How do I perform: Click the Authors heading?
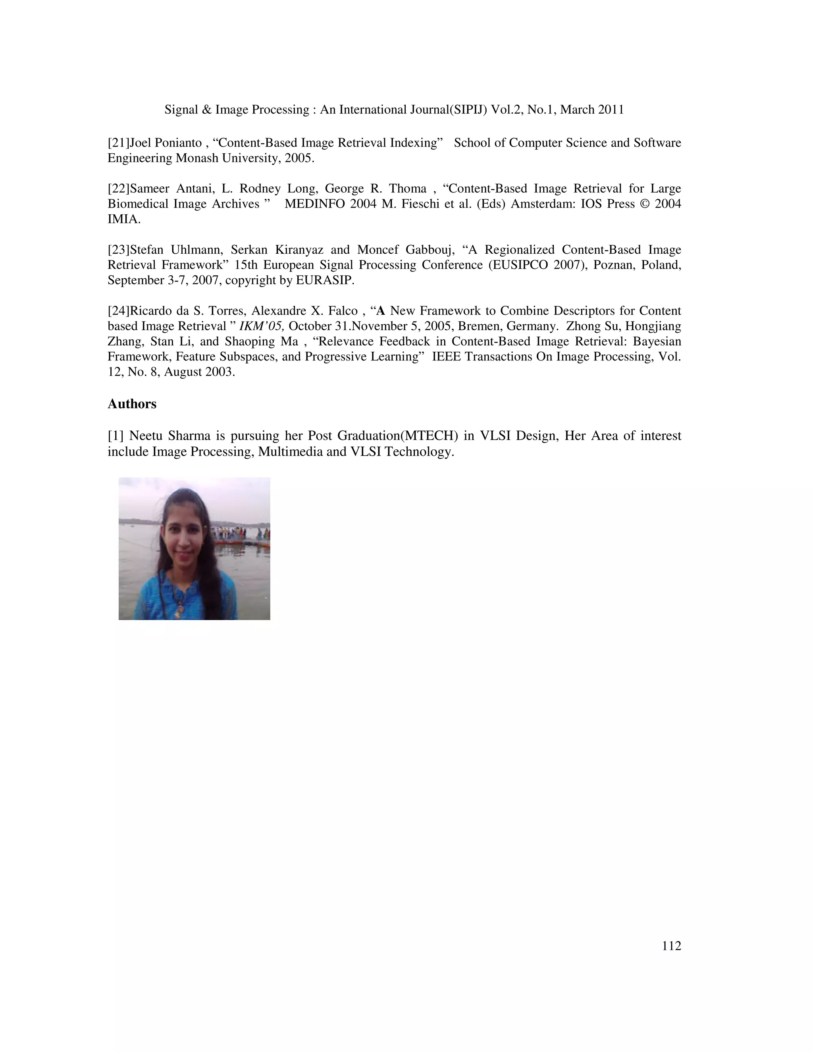coord(132,404)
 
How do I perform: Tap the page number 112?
coord(671,946)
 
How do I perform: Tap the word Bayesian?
coord(657,341)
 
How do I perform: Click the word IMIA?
coord(123,220)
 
